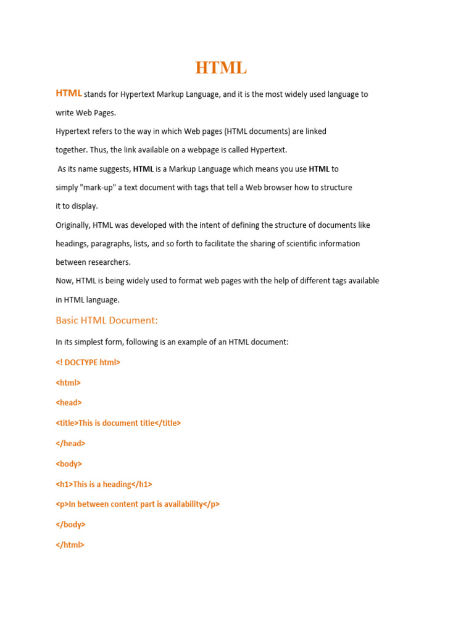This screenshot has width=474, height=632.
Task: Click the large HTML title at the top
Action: tap(221, 68)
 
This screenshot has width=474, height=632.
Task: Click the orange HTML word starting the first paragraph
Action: tap(69, 93)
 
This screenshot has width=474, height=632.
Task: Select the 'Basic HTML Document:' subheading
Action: tap(107, 320)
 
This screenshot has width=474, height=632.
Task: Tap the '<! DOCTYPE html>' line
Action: tap(88, 362)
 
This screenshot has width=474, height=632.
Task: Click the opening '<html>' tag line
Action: tap(69, 383)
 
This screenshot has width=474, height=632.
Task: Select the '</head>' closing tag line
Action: tap(70, 443)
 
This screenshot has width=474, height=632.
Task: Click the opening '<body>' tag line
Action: tap(69, 464)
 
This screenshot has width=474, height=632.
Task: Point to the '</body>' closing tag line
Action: tap(70, 525)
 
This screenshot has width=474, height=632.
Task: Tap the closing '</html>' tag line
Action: tap(70, 545)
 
